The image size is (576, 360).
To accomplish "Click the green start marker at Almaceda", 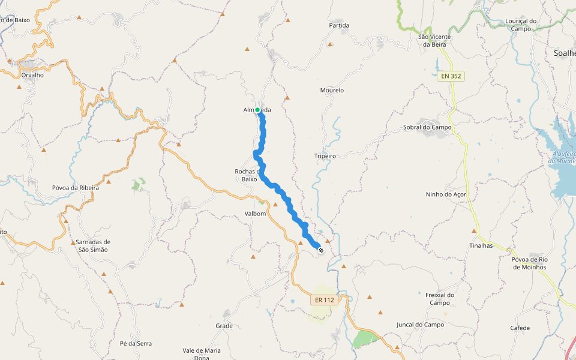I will click(x=257, y=110).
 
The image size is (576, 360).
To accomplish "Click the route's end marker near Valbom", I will click(x=321, y=250).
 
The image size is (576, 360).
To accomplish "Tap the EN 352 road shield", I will click(x=451, y=76).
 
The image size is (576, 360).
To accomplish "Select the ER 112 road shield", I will click(x=324, y=300).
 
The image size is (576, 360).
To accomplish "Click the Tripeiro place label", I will click(x=325, y=156).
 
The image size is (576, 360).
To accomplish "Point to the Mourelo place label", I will click(x=332, y=90).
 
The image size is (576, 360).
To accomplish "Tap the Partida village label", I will click(x=339, y=25).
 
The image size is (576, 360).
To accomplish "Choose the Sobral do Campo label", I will click(x=427, y=127).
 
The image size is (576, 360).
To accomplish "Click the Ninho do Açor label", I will click(x=446, y=194).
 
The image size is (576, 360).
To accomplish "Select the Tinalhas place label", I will click(x=481, y=245).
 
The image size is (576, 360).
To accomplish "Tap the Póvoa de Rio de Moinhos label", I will click(x=529, y=263).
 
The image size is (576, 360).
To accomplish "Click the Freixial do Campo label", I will click(x=440, y=299).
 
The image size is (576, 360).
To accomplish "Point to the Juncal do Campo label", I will click(x=420, y=325).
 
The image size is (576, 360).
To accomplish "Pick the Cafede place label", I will click(x=520, y=328).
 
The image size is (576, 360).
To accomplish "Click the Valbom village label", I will click(x=255, y=214).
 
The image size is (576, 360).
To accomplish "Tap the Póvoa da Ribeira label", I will click(x=75, y=188).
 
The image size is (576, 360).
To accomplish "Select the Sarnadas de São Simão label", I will click(x=93, y=245).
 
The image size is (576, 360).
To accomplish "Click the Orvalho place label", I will click(x=32, y=76).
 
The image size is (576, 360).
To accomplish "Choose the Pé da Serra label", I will click(x=136, y=344).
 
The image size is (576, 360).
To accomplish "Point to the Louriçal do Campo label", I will click(x=521, y=25).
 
